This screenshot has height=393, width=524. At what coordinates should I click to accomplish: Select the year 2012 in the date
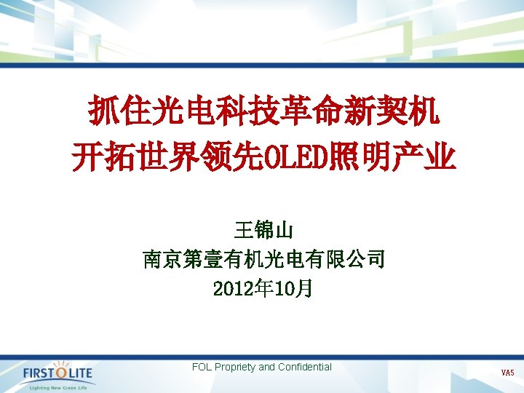pyautogui.click(x=232, y=289)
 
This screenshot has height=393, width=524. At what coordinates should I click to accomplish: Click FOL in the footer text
pyautogui.click(x=202, y=367)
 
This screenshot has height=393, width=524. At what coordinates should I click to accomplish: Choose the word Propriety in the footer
pyautogui.click(x=234, y=367)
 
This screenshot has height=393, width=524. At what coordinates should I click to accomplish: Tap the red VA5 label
pyautogui.click(x=507, y=373)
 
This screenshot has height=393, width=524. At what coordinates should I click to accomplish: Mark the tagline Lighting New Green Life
pyautogui.click(x=58, y=387)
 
